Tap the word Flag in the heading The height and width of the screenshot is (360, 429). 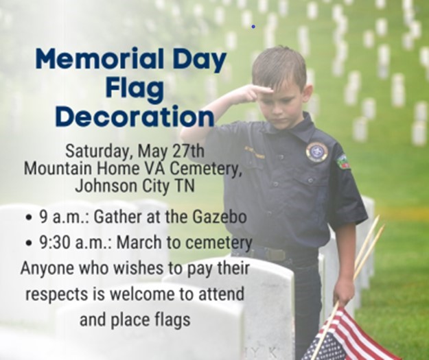point(135,90)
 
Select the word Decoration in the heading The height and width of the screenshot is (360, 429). point(135,117)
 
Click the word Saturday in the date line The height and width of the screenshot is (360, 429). point(96,152)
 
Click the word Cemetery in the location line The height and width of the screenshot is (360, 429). point(205,169)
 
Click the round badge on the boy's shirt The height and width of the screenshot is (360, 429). point(317,152)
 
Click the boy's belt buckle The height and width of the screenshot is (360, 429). point(275,255)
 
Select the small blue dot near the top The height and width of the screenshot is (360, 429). point(253,27)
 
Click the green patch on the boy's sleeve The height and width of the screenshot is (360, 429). point(344,162)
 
